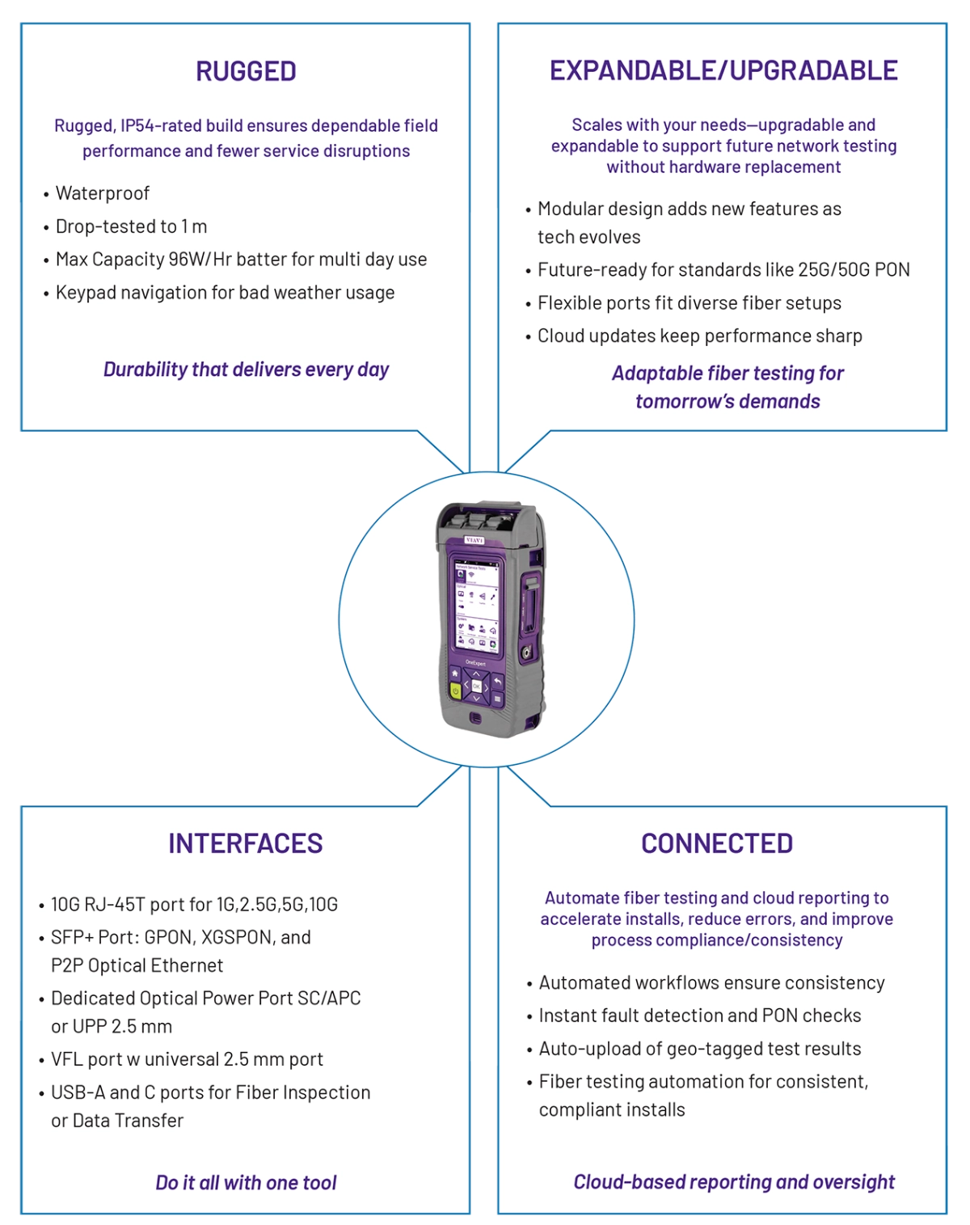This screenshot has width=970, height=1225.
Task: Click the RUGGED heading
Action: (246, 72)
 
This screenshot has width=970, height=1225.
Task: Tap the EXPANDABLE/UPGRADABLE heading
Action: (723, 70)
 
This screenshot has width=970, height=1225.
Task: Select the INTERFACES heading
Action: (246, 843)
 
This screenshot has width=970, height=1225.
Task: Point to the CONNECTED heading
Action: (717, 843)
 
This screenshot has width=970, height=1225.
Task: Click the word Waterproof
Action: (103, 193)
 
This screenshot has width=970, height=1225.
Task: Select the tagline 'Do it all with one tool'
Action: (246, 1183)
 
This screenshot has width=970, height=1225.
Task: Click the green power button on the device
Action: (455, 691)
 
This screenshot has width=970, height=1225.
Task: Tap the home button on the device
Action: (455, 674)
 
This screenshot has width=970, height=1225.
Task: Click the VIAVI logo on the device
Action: (474, 539)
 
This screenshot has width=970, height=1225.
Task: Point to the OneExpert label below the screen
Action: (475, 662)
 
